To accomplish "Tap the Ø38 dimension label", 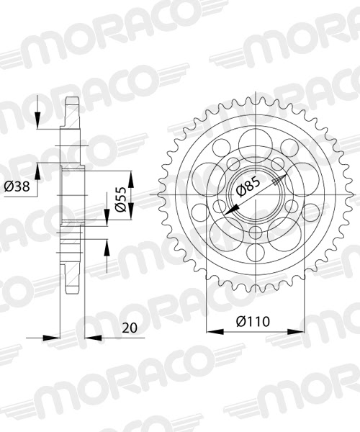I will [17, 186].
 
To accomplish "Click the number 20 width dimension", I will [129, 327].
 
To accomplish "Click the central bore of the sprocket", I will [255, 195].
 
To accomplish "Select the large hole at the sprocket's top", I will [255, 140].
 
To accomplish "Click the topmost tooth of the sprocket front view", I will [255, 96].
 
